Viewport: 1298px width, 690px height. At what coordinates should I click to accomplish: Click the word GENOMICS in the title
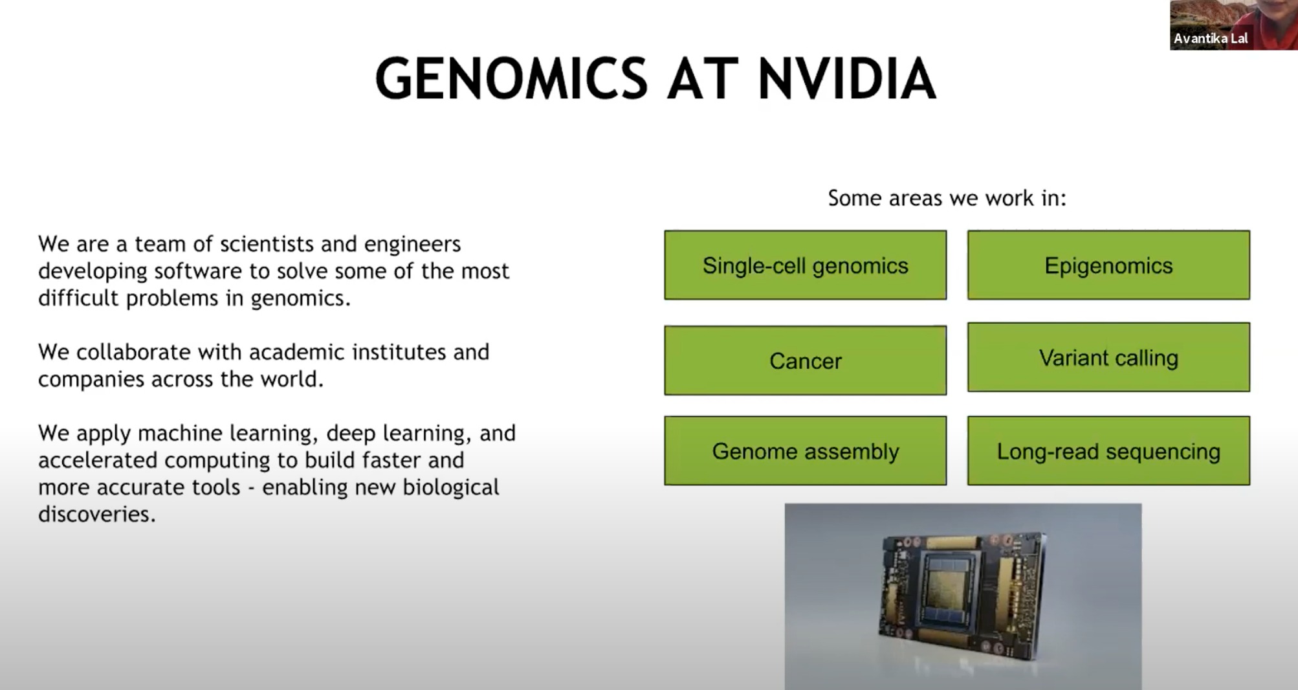(511, 79)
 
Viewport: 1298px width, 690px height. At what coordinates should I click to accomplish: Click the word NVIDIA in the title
(846, 79)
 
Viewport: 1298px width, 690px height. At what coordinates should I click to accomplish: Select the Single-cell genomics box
(805, 265)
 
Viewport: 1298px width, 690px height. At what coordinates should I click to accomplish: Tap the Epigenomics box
(1108, 265)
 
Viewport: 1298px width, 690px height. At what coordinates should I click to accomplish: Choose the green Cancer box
(805, 361)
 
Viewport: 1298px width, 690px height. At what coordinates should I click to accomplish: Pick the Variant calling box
(1108, 357)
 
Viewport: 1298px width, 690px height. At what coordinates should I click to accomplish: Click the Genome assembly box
(805, 451)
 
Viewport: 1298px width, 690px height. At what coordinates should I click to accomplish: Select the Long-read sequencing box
(1108, 451)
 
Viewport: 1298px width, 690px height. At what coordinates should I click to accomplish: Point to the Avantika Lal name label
(1210, 39)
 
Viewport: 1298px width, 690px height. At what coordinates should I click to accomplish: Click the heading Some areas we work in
(947, 198)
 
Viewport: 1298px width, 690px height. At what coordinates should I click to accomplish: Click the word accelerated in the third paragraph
(98, 460)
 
